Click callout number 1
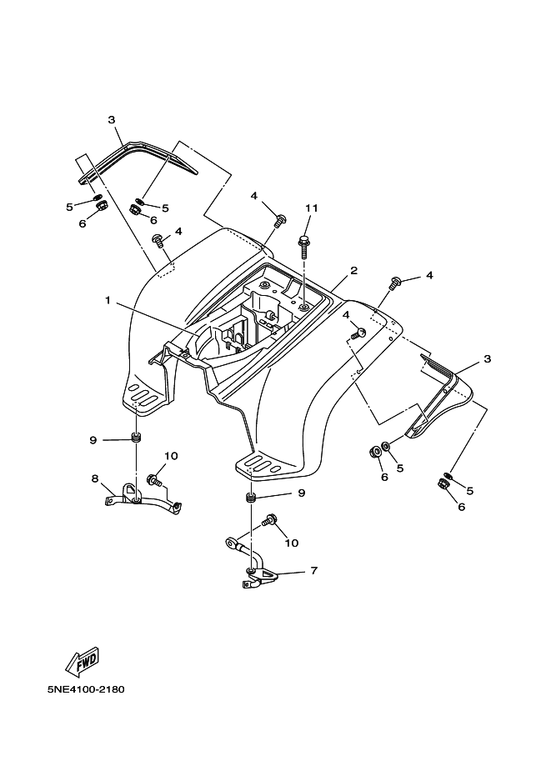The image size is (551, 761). tap(108, 301)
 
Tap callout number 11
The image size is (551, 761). tap(312, 208)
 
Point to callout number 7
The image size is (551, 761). tap(313, 571)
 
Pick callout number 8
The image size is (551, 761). tap(95, 478)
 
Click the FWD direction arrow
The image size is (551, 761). tap(82, 663)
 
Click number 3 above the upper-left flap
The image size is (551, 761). tap(111, 119)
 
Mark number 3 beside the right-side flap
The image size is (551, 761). tap(487, 359)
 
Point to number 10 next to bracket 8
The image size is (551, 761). tap(171, 456)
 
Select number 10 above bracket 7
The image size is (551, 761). tap(291, 543)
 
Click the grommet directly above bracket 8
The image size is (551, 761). tap(135, 439)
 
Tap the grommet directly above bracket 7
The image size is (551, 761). tap(249, 498)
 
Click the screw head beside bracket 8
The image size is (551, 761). tap(153, 479)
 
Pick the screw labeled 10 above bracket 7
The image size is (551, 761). tap(268, 522)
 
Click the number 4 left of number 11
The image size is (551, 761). tap(255, 196)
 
